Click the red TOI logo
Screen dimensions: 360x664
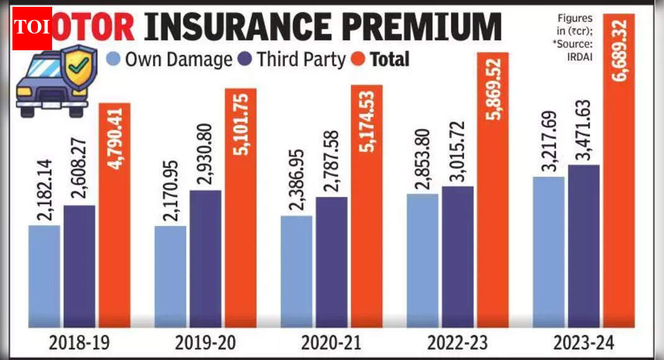click(x=32, y=28)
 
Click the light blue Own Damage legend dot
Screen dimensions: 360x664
click(x=114, y=60)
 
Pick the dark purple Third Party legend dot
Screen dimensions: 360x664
click(x=244, y=60)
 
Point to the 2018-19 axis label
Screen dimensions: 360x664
click(x=80, y=343)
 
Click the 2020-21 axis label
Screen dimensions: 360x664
click(x=331, y=343)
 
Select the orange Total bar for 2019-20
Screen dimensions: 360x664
click(x=240, y=208)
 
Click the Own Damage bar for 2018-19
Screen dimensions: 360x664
click(x=44, y=276)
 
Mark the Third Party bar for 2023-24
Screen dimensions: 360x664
click(x=583, y=246)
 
